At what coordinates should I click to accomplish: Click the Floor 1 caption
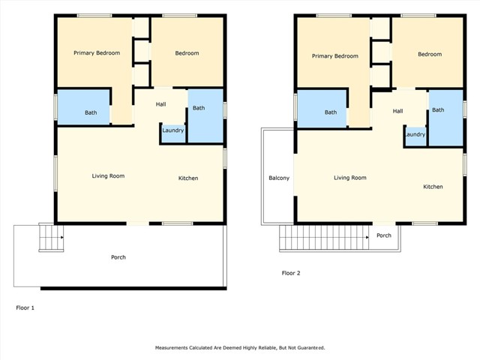click(x=25, y=307)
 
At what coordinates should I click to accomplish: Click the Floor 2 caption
click(x=291, y=273)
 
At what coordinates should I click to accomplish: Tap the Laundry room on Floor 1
click(x=173, y=133)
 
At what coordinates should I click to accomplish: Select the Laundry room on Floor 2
click(x=415, y=136)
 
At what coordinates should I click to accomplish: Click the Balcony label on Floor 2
click(x=279, y=178)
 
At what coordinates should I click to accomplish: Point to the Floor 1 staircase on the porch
click(x=51, y=238)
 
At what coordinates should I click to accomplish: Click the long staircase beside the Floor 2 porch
click(x=324, y=238)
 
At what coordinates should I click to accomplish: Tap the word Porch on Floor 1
click(x=118, y=257)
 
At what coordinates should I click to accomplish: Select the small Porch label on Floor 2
click(x=384, y=235)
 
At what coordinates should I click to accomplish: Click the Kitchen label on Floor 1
click(x=188, y=178)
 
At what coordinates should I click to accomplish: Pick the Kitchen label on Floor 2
click(x=433, y=187)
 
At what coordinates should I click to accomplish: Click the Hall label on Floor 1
click(x=160, y=104)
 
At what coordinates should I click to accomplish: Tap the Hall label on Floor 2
click(x=397, y=111)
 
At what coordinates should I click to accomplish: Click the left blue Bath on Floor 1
click(x=83, y=107)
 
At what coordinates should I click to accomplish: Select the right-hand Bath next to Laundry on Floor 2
click(x=445, y=118)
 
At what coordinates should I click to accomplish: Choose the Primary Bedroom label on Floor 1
click(x=97, y=53)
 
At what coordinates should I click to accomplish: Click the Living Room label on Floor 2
click(x=350, y=178)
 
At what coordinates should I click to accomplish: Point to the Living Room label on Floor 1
click(x=108, y=176)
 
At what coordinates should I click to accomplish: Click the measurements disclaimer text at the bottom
click(x=240, y=348)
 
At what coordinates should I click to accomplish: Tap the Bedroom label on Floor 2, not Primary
click(x=430, y=54)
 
